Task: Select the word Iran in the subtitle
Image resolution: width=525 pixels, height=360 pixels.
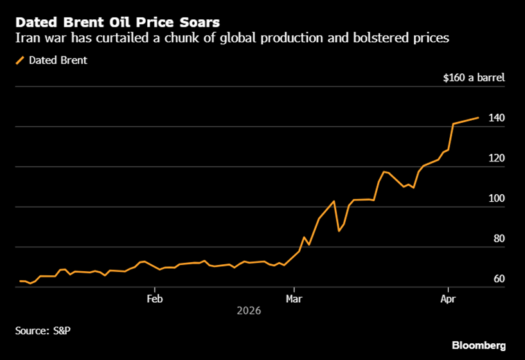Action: pos(27,39)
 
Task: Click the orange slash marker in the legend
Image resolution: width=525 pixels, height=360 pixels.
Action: pos(20,60)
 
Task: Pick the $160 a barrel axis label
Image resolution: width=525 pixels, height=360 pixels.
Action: pos(474,78)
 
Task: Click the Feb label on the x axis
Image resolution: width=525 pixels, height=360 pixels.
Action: pos(154,298)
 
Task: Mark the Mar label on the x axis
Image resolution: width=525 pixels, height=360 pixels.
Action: pos(294,298)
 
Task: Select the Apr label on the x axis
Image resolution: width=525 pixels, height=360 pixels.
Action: pos(449,298)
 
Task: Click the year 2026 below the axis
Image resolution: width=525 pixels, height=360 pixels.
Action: pos(249,310)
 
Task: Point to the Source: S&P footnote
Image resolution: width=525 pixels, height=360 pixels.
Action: pos(44,330)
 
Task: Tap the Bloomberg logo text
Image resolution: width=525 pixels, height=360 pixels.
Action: pos(477,345)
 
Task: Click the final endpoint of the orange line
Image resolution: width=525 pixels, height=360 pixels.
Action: pos(478,118)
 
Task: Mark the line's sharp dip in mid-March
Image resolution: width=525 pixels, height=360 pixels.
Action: pos(339,231)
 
